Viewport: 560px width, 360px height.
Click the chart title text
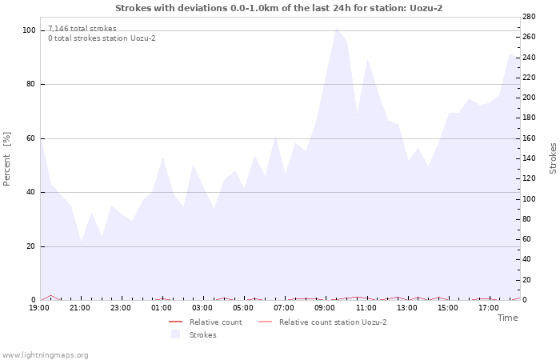pyautogui.click(x=278, y=8)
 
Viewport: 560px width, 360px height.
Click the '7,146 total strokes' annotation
pyautogui.click(x=82, y=29)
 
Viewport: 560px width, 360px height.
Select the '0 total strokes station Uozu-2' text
pyautogui.click(x=102, y=38)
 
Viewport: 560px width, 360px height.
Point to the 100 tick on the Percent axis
pyautogui.click(x=29, y=30)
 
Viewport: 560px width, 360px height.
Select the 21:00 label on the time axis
pyautogui.click(x=80, y=308)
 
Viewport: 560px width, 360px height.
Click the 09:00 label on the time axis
pyautogui.click(x=325, y=308)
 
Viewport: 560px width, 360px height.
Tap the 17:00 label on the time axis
pyautogui.click(x=488, y=308)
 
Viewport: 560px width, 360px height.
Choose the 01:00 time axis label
pyautogui.click(x=162, y=308)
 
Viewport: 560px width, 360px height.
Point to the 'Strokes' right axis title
pyautogui.click(x=553, y=158)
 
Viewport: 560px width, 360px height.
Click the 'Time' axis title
pyautogui.click(x=507, y=318)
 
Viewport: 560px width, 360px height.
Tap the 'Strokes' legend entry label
pyautogui.click(x=202, y=335)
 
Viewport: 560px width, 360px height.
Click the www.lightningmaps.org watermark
pyautogui.click(x=46, y=355)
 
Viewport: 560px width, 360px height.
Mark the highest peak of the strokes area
pyautogui.click(x=336, y=29)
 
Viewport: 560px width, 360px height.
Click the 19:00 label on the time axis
pyautogui.click(x=40, y=308)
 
